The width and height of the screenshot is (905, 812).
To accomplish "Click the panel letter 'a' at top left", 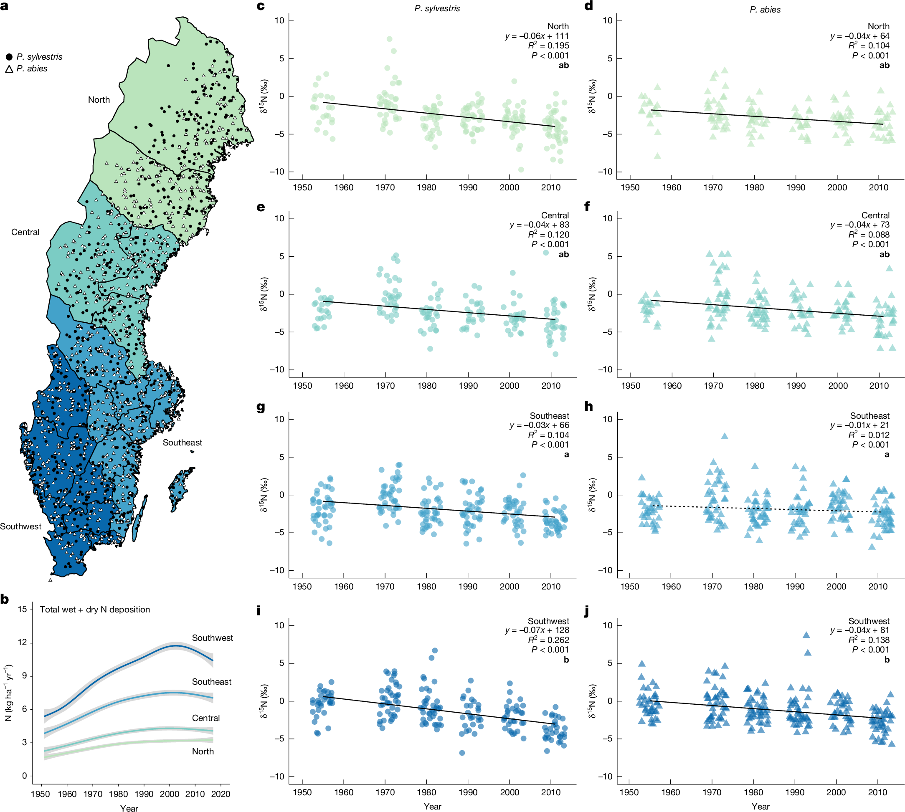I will [5, 6].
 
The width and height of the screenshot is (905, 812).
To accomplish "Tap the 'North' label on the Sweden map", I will [99, 100].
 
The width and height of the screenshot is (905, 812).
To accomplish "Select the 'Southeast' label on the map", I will [182, 443].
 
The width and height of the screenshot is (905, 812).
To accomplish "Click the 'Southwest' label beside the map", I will [20, 526].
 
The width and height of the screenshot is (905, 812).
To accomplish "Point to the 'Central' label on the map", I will [25, 233].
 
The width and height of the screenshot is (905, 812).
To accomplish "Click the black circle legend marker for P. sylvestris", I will [9, 57].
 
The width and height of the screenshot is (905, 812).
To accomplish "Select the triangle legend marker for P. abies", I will [9, 69].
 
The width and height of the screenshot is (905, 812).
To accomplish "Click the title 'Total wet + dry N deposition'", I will [95, 610].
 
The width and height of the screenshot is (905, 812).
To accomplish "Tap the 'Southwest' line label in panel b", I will [212, 638].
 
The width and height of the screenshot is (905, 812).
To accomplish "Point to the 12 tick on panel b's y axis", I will [22, 643].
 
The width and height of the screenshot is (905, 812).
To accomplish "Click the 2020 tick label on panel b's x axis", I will [221, 794].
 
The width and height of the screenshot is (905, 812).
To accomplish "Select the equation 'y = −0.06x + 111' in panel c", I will [537, 36].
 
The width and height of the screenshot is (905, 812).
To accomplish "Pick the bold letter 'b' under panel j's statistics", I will [887, 660].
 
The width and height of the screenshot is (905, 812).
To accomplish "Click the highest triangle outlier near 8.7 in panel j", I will [806, 635].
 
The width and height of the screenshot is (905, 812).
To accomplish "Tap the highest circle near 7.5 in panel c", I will [389, 39].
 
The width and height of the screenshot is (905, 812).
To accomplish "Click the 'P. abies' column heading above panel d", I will [765, 10].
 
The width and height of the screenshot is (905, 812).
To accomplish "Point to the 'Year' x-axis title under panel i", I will [432, 806].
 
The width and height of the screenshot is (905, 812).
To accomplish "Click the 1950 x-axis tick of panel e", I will [302, 386].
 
